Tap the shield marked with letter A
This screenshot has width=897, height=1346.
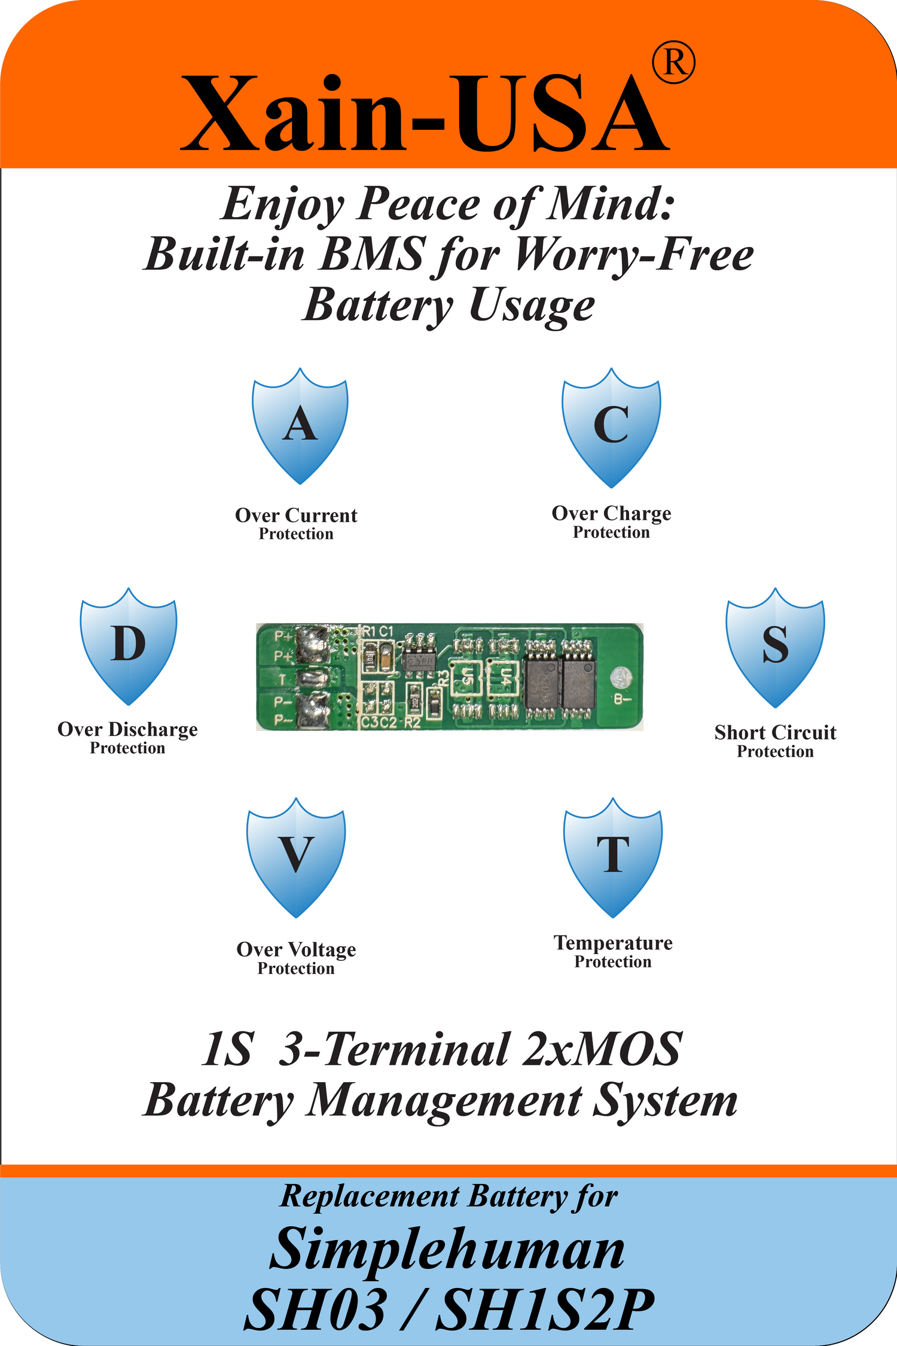(300, 425)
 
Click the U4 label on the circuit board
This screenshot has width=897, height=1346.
(505, 677)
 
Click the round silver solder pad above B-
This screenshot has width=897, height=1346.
(621, 677)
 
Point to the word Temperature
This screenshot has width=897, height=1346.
(613, 943)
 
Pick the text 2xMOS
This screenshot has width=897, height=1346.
(601, 1049)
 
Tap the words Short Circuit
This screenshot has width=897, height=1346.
(775, 733)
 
